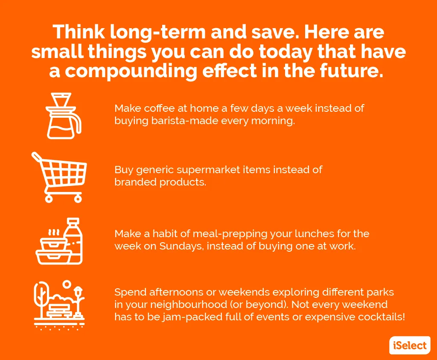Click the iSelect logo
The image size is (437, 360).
click(410, 345)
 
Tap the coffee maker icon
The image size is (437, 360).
click(64, 116)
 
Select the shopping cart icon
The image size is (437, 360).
click(59, 177)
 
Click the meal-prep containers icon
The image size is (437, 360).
click(59, 241)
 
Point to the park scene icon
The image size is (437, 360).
click(59, 305)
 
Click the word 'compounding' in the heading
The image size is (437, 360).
click(131, 71)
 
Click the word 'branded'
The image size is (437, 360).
click(135, 182)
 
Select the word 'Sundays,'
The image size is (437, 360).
click(181, 246)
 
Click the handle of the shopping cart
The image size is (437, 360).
click(37, 157)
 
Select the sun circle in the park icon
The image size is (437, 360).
click(67, 284)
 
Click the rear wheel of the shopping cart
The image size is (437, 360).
click(78, 198)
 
